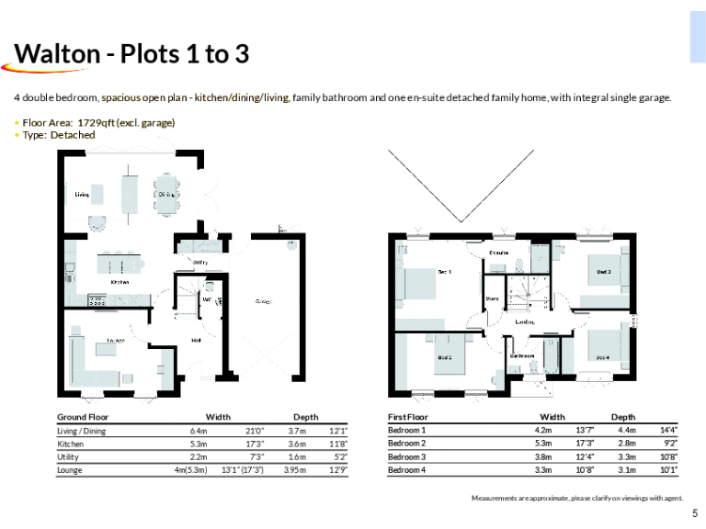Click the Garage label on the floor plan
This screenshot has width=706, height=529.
(x=262, y=301)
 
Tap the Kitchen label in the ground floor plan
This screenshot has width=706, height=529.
(x=120, y=283)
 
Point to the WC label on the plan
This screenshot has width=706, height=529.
(x=208, y=299)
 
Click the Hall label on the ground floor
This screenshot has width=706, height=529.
(x=196, y=340)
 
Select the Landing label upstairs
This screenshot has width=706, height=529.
(x=525, y=322)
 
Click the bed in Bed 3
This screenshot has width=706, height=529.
(x=609, y=271)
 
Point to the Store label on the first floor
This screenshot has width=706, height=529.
(x=492, y=298)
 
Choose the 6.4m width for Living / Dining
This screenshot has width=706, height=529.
(x=198, y=431)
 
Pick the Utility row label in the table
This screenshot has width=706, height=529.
(x=68, y=456)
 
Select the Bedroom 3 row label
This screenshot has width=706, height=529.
(x=406, y=456)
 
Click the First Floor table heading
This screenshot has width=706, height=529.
(x=407, y=417)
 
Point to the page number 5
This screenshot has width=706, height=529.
(x=694, y=513)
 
